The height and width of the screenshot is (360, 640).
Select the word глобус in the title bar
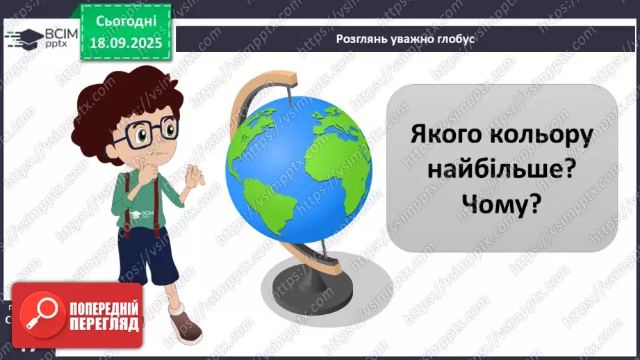[456, 39]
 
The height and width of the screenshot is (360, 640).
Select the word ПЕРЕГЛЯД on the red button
[103, 325]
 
